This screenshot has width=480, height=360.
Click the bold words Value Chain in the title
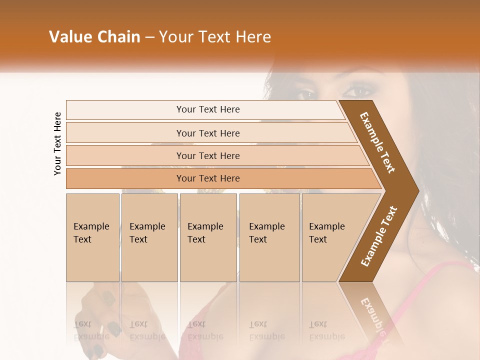pyautogui.click(x=94, y=37)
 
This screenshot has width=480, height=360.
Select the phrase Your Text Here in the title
pyautogui.click(x=215, y=37)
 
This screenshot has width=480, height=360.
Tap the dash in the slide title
pyautogui.click(x=149, y=37)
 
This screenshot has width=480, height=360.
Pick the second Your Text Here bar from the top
pyautogui.click(x=208, y=133)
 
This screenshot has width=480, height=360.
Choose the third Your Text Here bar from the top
pyautogui.click(x=208, y=155)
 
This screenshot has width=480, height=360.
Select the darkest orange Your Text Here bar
pyautogui.click(x=208, y=178)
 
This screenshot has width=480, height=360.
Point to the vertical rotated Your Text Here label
pyautogui.click(x=57, y=143)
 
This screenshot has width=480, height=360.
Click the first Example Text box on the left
pyautogui.click(x=92, y=237)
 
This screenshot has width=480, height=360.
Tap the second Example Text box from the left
pyautogui.click(x=149, y=237)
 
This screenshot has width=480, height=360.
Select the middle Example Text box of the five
pyautogui.click(x=207, y=237)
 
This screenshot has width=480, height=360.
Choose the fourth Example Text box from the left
pyautogui.click(x=269, y=237)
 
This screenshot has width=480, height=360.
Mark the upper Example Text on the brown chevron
pyautogui.click(x=377, y=142)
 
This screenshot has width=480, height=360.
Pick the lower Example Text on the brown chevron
pyautogui.click(x=379, y=236)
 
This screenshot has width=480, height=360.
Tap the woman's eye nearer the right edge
pyautogui.click(x=357, y=91)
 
